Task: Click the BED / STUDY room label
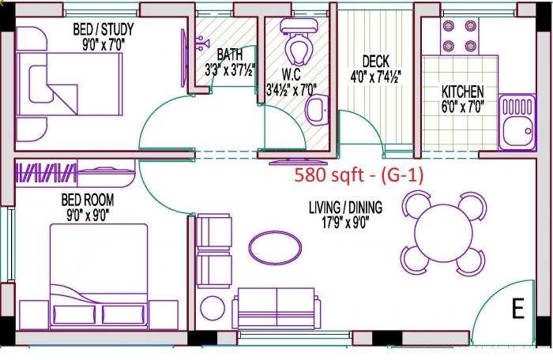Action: click(103, 29)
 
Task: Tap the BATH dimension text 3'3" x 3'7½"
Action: click(229, 69)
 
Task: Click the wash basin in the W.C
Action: click(318, 110)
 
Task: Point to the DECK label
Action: click(375, 61)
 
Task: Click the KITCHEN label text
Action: click(462, 92)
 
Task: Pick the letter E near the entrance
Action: click(517, 309)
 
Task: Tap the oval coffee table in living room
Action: click(270, 246)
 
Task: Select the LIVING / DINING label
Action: click(345, 208)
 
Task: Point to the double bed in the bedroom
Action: click(99, 272)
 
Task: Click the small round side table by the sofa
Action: click(213, 307)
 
